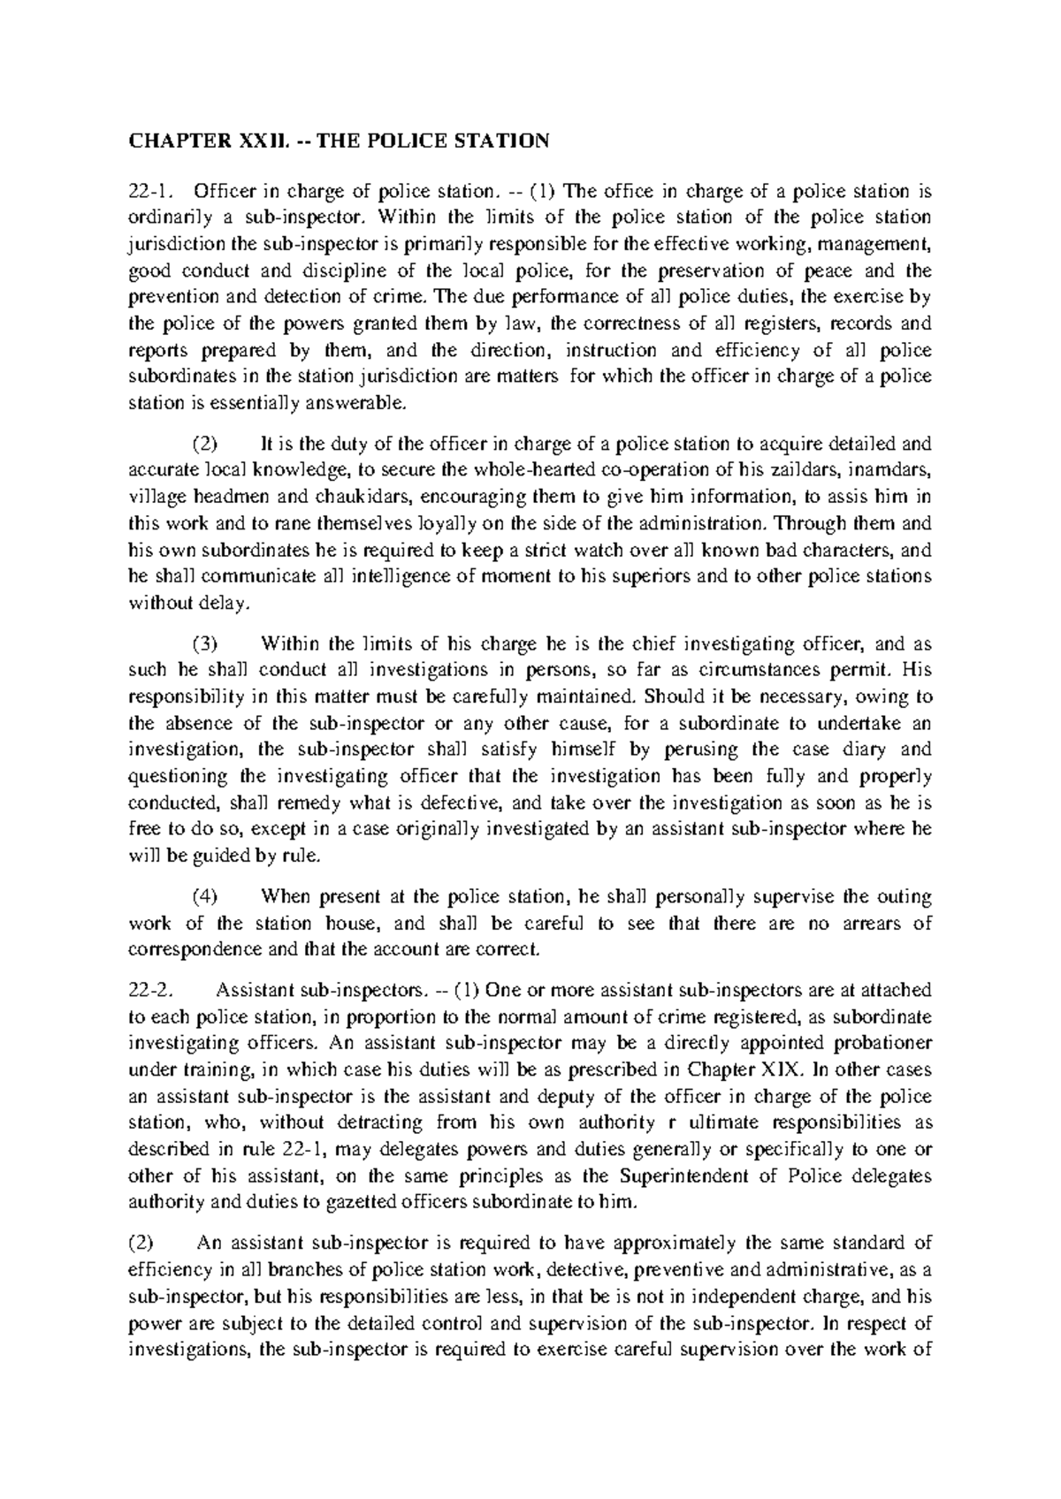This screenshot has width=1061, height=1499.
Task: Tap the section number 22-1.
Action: tap(146, 191)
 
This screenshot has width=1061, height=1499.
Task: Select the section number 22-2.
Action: tap(148, 990)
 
